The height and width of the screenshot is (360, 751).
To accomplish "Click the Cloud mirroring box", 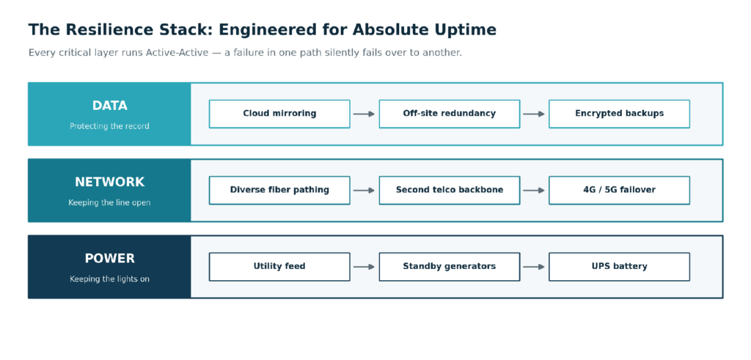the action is click(x=279, y=114).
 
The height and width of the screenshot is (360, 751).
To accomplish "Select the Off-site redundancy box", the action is click(x=450, y=114).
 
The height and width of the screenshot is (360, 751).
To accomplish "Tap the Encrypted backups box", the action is click(x=619, y=114).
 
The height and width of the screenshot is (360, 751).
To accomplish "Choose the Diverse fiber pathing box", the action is click(x=279, y=190).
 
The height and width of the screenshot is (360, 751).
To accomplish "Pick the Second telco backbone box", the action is click(x=450, y=190).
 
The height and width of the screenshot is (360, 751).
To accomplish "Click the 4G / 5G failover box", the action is click(x=619, y=190).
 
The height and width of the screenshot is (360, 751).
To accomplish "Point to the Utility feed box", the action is click(x=279, y=267).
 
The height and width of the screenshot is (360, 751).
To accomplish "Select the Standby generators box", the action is click(x=450, y=267).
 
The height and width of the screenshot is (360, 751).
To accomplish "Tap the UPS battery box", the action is click(x=619, y=267).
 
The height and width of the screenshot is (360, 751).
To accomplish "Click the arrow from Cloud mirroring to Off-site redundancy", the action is click(x=364, y=114).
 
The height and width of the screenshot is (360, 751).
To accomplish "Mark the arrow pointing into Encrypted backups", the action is click(x=534, y=114).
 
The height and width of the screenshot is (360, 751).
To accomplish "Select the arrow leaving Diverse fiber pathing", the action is click(x=364, y=191).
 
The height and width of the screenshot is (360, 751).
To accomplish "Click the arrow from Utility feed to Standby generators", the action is click(x=364, y=267).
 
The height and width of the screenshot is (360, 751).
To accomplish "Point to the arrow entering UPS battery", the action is click(x=534, y=267).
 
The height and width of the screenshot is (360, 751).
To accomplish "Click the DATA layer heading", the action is click(x=110, y=106).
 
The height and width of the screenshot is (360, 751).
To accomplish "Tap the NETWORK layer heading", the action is click(x=110, y=182).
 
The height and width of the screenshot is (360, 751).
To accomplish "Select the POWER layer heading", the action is click(x=110, y=259).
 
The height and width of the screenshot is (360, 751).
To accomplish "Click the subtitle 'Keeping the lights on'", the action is click(x=110, y=279).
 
